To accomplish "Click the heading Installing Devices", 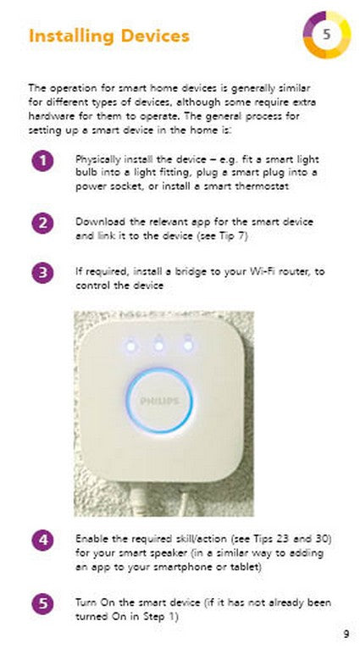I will [108, 36].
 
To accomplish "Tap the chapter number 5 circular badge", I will [326, 34].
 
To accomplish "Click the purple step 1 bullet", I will [42, 160].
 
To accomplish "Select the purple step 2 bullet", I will [42, 223].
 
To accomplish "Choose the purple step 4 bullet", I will [42, 540].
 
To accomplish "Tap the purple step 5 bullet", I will [42, 603].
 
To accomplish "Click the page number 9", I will [346, 634].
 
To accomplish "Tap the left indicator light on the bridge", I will [130, 346].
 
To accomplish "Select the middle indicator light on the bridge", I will [158, 346].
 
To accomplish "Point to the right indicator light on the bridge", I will [187, 346].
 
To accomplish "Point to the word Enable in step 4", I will [91, 539].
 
